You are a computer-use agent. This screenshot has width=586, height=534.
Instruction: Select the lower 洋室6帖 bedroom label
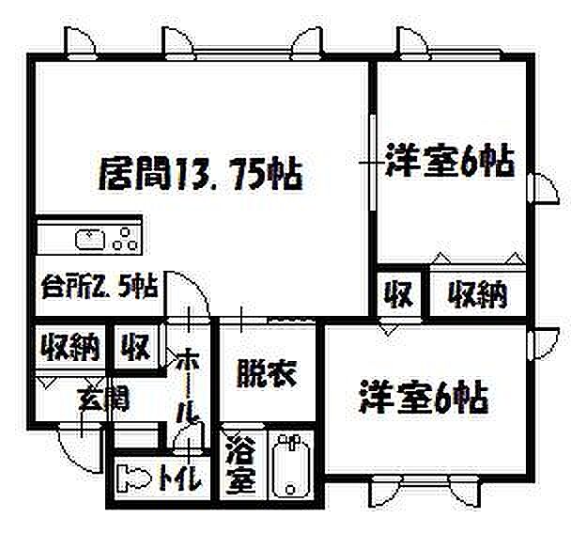pos(423,399)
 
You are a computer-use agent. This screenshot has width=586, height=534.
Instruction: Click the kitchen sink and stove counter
pos(89,238)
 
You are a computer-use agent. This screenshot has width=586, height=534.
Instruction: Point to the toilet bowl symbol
pos(135,479)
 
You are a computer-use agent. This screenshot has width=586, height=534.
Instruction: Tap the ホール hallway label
pos(188,385)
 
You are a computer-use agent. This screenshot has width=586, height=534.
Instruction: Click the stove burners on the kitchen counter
pos(122,239)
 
